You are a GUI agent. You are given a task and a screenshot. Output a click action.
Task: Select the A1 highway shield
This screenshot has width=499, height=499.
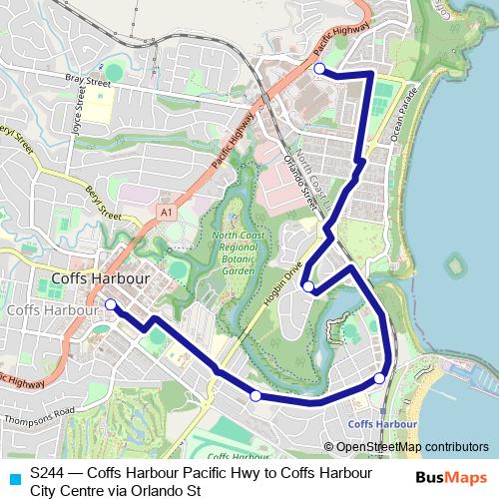coord(165,213)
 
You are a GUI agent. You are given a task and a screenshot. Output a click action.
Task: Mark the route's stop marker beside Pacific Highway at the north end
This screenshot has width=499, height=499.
coord(319,69)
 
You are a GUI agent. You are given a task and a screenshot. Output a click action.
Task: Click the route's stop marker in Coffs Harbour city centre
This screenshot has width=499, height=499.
coord(110,304)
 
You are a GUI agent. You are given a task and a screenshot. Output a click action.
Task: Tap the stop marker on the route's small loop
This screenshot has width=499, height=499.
coord(309,287)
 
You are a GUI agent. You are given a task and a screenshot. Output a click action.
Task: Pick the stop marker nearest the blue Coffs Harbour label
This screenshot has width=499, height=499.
coord(380,378)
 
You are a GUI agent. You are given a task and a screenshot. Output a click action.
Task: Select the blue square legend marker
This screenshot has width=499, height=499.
coord(13,478)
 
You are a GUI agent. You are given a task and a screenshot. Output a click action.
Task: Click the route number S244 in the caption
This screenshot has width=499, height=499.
coord(49,471)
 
